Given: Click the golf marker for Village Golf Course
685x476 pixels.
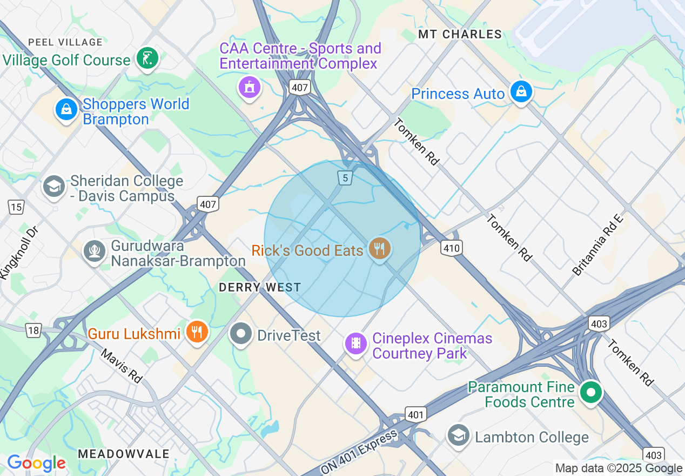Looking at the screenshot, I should click(x=147, y=58).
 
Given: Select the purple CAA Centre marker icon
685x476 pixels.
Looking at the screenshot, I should click(x=249, y=87).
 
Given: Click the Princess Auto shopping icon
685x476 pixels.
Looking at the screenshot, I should click(x=521, y=92).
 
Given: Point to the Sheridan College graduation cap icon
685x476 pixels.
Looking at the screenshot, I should click(x=53, y=187).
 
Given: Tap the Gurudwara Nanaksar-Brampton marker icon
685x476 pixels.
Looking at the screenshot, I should click(x=95, y=251).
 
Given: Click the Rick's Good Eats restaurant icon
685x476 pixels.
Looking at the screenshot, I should click(x=379, y=249).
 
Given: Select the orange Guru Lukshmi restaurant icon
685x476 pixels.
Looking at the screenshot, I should click(x=197, y=332).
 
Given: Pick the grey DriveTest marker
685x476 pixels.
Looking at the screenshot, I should click(x=241, y=334).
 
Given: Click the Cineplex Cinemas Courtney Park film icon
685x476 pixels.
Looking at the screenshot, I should click(x=355, y=342).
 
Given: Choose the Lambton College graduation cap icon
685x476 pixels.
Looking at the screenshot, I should click(x=459, y=435).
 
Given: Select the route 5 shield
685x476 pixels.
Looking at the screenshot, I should click(x=345, y=177).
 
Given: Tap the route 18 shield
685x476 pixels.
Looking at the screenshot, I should click(x=33, y=330).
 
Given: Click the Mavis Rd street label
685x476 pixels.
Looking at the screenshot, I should click(x=122, y=366).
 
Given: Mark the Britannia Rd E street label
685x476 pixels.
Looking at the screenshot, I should click(x=598, y=245).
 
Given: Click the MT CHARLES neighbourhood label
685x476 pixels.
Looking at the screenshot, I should click(x=460, y=35).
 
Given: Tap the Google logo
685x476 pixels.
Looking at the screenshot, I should click(x=36, y=463).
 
